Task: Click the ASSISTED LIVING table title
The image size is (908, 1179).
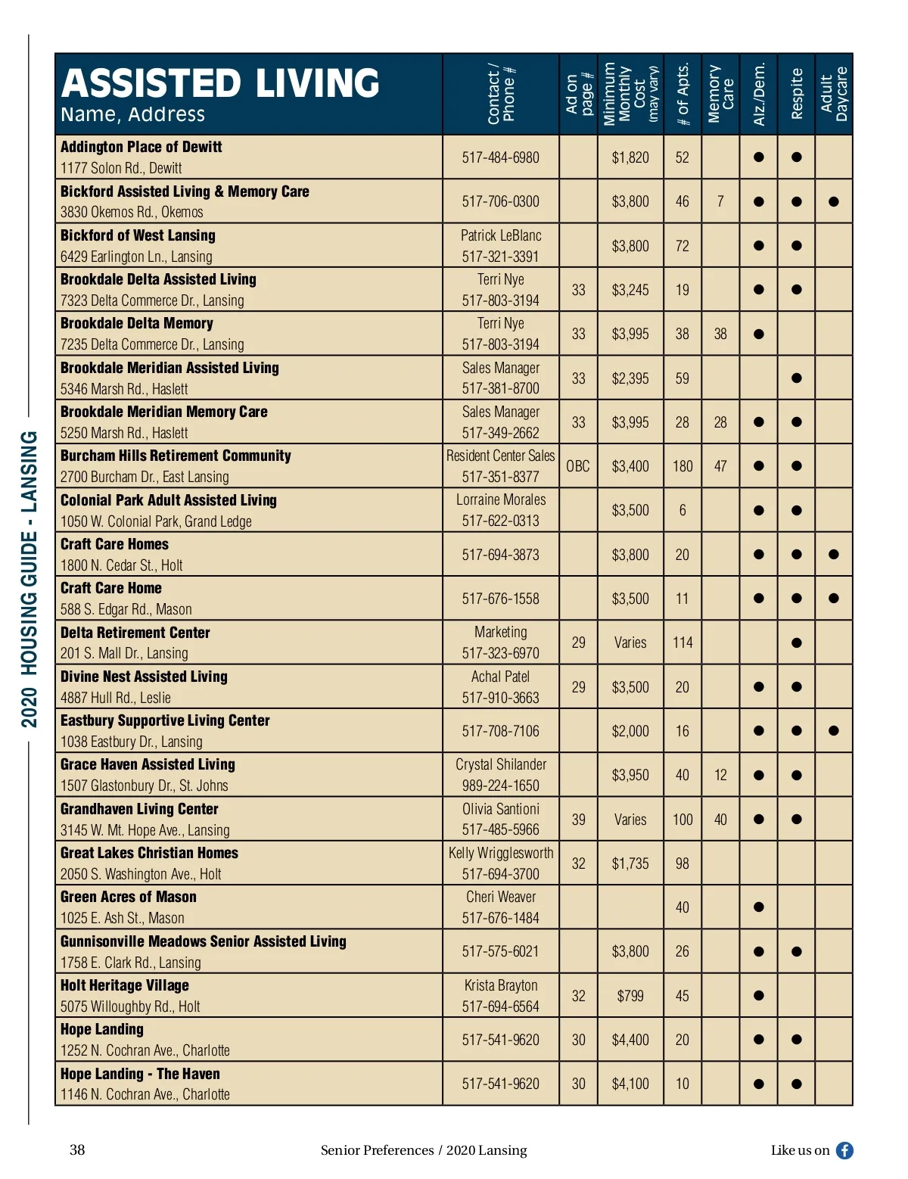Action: coord(220,83)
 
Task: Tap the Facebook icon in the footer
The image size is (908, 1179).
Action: coord(844,1150)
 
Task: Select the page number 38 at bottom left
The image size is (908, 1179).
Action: coord(77,1150)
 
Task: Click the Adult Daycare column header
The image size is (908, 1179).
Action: coord(834,94)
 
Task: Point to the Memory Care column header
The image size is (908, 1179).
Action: coord(720,94)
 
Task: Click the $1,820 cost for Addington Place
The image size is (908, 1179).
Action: coord(630,157)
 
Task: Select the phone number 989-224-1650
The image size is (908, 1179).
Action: coord(501,785)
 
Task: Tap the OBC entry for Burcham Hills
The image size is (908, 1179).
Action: coord(578,466)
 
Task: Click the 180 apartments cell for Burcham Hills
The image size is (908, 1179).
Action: coord(683,466)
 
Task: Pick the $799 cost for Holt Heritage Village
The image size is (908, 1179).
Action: coord(630,996)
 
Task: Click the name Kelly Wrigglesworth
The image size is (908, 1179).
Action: coord(501,853)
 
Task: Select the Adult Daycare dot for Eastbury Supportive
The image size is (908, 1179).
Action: coord(834,731)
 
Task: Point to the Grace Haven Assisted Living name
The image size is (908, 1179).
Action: coord(148,764)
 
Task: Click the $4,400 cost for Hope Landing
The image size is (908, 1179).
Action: coord(630,1040)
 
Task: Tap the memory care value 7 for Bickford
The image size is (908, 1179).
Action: coord(720,201)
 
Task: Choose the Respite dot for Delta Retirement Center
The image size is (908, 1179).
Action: coord(796,643)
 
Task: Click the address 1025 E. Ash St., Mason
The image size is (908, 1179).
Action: coord(123,918)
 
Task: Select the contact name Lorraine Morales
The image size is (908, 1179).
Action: coord(501,499)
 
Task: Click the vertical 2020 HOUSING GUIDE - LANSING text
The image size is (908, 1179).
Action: coord(29,579)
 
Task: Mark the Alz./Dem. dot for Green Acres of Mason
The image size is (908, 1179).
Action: coord(759,907)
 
